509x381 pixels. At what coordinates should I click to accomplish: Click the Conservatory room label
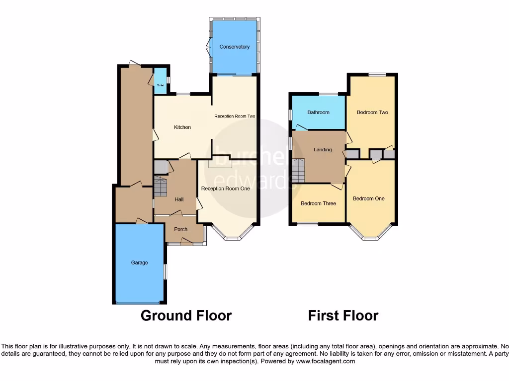[x=234, y=47]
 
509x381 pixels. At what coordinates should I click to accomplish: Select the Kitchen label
[x=182, y=127]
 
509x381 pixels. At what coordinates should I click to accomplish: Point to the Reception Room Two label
[x=235, y=116]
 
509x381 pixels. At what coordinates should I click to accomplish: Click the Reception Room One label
[x=225, y=189]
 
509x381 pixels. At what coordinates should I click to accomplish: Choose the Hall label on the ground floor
[x=179, y=199]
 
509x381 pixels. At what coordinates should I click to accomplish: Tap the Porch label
[x=180, y=229]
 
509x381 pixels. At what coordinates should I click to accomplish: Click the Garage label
[x=139, y=262]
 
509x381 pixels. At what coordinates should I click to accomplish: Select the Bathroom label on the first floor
[x=318, y=112]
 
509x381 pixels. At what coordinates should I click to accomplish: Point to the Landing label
[x=323, y=149]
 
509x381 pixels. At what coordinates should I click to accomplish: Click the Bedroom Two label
[x=372, y=112]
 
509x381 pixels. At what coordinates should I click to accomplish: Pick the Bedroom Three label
[x=318, y=203]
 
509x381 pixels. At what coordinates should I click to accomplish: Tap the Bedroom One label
[x=368, y=198]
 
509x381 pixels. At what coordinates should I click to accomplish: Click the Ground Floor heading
[x=186, y=316]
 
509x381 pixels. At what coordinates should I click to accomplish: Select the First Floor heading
[x=343, y=316]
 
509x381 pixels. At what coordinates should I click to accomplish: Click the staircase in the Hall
[x=161, y=187]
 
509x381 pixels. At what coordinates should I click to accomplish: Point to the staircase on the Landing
[x=298, y=171]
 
